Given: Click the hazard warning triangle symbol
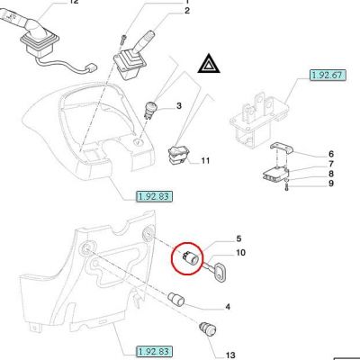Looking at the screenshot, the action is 209,65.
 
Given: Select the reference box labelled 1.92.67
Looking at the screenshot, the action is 328,75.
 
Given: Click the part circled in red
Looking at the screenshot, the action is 190,257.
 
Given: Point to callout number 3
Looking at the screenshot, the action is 179,106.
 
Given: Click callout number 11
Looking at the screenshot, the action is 205,161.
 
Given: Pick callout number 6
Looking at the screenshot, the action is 331,154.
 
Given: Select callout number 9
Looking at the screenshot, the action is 331,184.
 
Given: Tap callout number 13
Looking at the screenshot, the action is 230,355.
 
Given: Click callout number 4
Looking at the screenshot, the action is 228,307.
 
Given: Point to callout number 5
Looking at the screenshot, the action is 238,238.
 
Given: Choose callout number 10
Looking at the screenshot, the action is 240,253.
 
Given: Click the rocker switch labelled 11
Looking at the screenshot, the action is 176,156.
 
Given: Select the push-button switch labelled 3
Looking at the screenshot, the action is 149,111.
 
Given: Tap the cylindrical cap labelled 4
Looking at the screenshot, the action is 175,300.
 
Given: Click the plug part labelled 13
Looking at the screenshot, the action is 207,329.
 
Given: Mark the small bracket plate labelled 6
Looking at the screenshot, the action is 281,148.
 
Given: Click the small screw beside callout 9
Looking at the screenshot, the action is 286,188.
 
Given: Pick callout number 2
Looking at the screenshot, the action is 187,11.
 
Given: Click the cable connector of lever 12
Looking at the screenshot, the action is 92,67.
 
